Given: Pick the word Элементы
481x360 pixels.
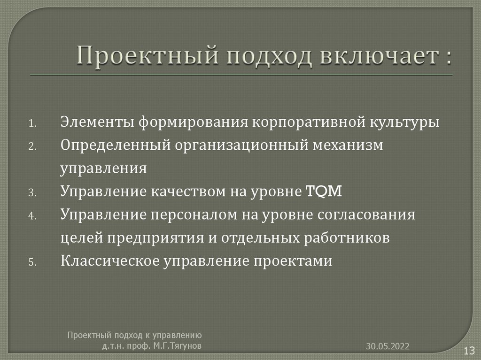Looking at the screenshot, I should coord(97,123).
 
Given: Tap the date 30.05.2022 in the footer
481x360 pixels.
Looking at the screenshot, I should coord(388,346).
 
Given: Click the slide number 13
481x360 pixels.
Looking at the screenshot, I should coord(470,350).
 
